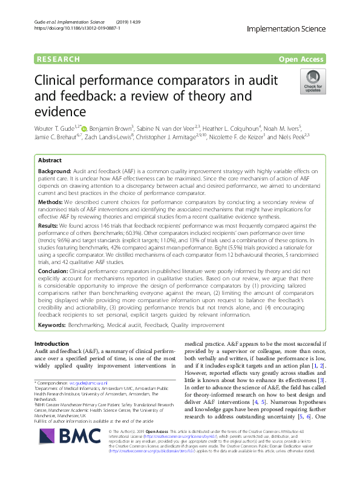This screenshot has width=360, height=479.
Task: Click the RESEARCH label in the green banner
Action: (58, 59)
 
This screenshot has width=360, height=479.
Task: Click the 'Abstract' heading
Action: (50, 161)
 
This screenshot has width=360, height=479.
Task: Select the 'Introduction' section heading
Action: (52, 344)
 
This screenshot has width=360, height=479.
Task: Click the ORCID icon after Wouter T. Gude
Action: (84, 128)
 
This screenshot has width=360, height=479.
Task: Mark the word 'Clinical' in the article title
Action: (57, 80)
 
